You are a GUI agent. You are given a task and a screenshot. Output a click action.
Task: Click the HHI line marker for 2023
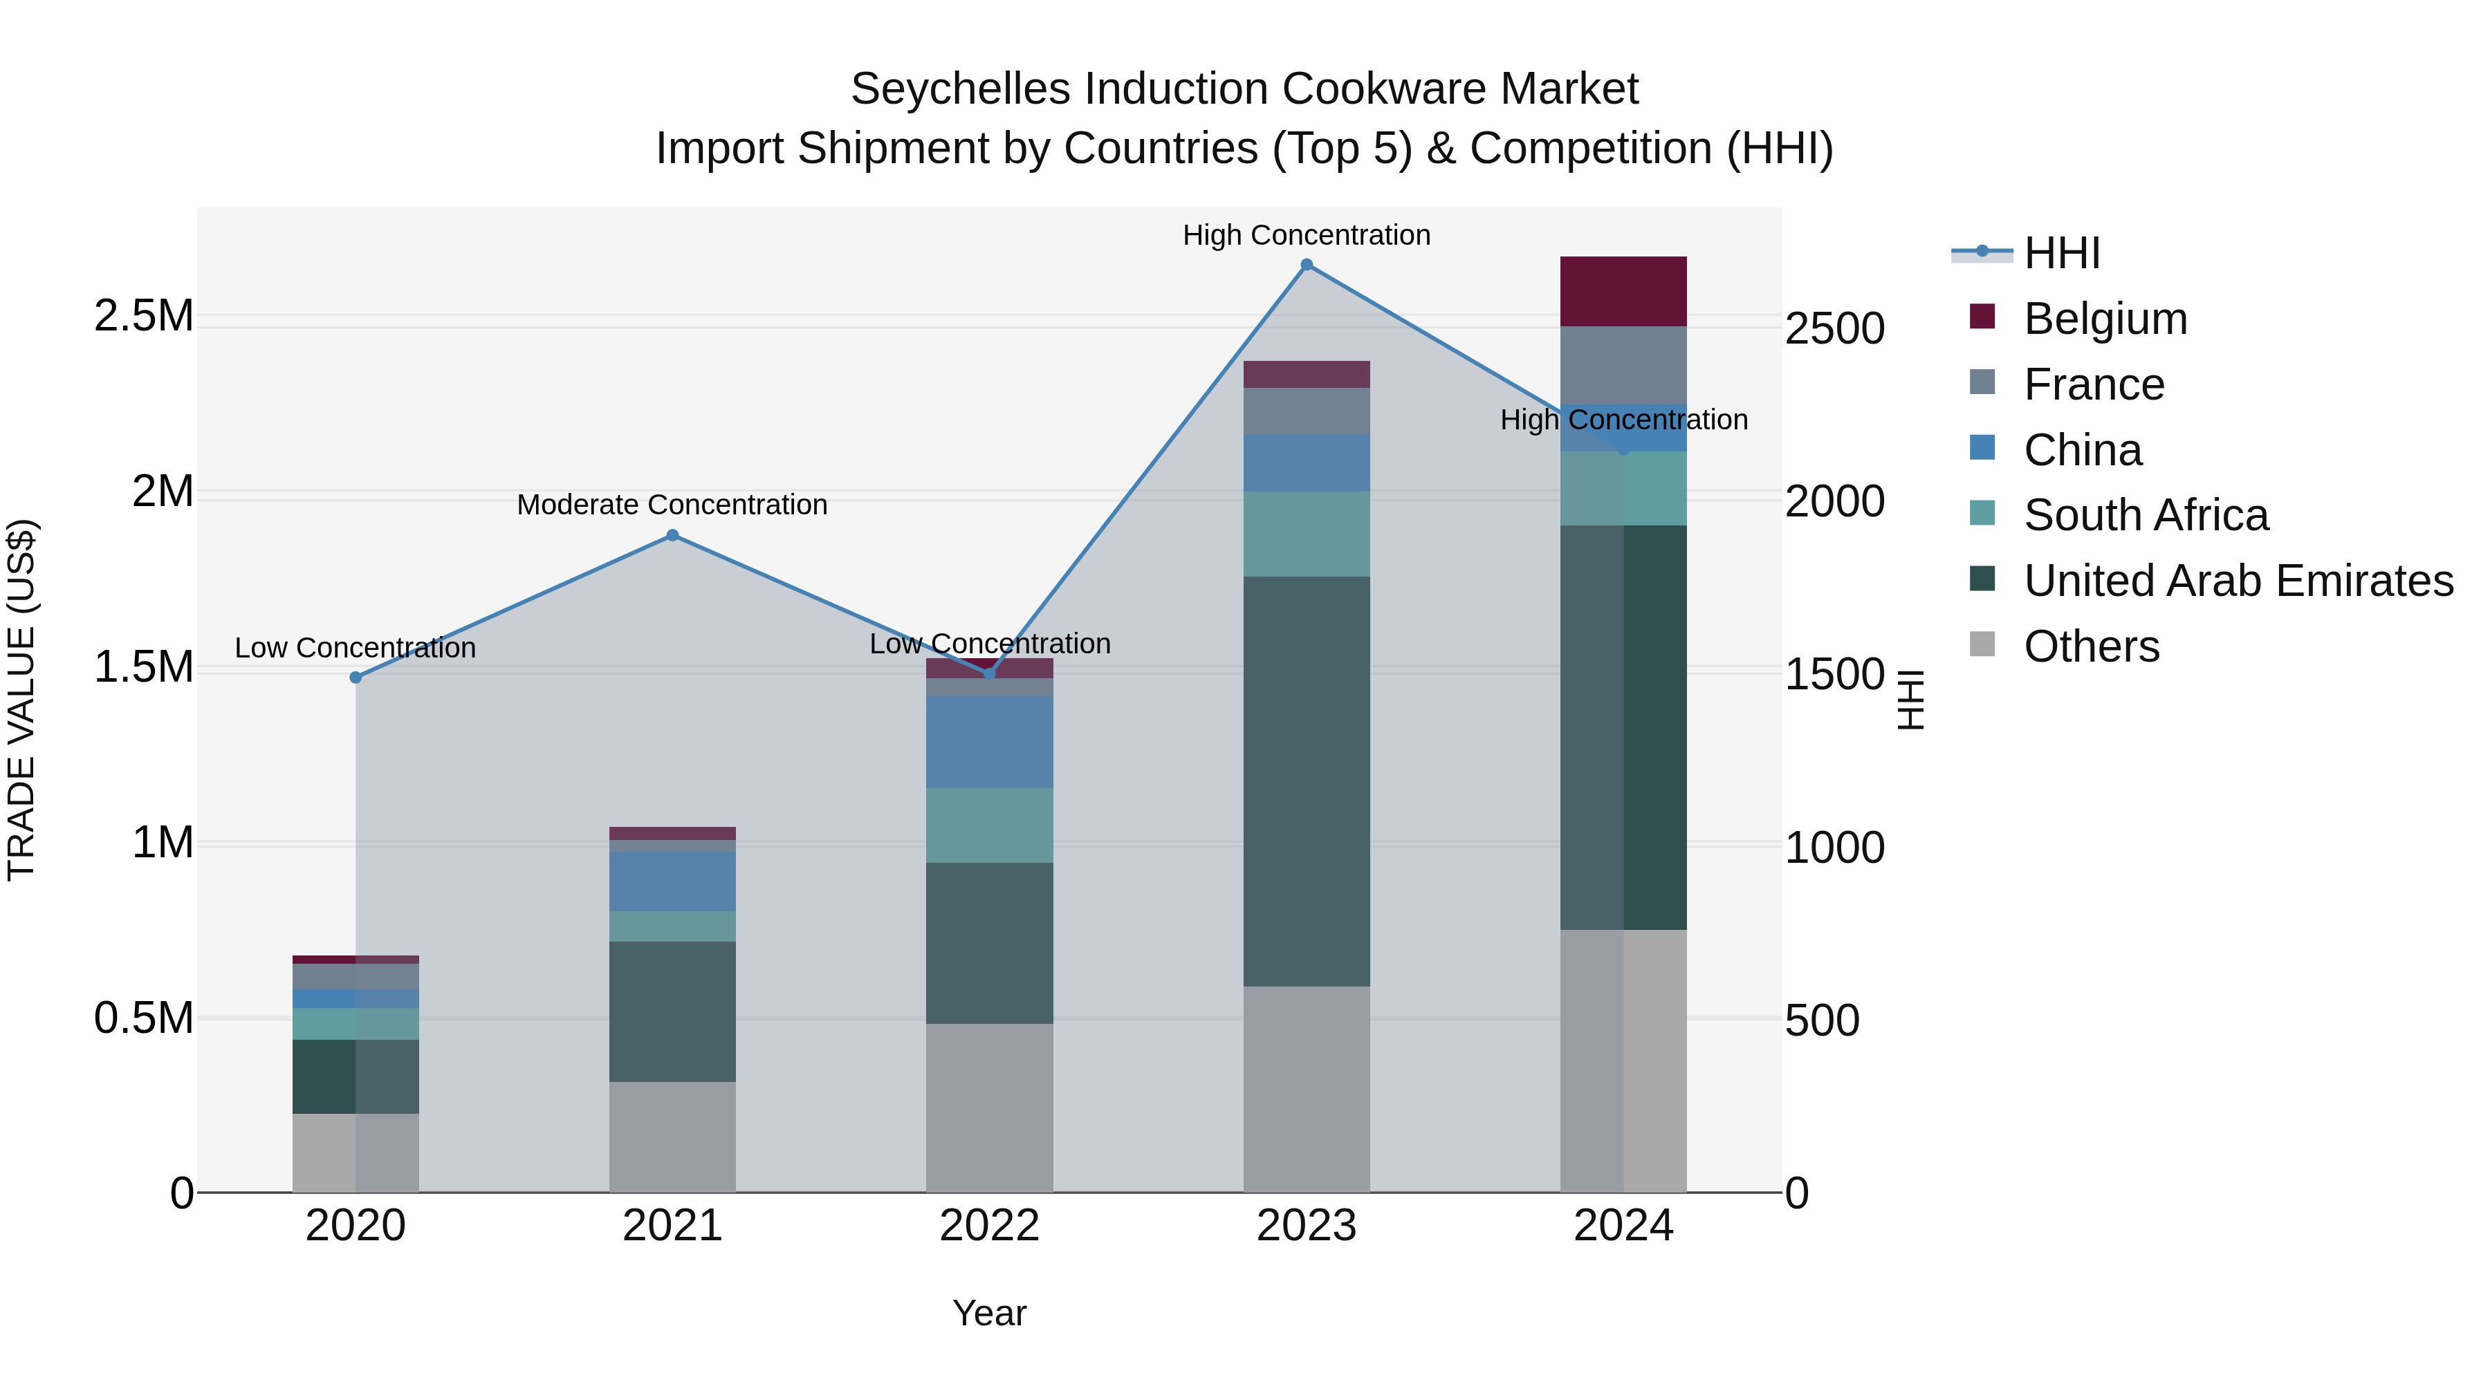(x=1306, y=265)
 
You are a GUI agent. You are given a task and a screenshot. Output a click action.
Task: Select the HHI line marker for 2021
(x=673, y=535)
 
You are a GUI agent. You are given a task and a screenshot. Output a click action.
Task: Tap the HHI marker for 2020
(x=356, y=678)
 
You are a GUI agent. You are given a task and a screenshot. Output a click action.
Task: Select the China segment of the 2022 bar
(x=989, y=742)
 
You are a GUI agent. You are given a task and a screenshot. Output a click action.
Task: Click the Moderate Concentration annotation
(x=673, y=505)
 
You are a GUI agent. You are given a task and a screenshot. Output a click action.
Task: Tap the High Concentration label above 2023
(x=1306, y=235)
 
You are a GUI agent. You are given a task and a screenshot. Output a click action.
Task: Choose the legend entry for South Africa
(x=2145, y=515)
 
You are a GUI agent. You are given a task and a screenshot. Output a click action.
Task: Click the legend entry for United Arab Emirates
(x=2238, y=581)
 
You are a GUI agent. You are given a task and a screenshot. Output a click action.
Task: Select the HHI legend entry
(x=2061, y=253)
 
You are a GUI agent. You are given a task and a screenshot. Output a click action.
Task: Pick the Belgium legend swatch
(x=1982, y=317)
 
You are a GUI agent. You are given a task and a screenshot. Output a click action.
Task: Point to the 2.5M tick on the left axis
(x=143, y=316)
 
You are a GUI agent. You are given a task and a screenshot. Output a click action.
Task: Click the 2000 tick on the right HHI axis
(x=1834, y=501)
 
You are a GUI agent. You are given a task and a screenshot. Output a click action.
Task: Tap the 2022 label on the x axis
(x=989, y=1226)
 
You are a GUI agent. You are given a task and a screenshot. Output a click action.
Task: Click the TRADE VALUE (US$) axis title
(x=21, y=700)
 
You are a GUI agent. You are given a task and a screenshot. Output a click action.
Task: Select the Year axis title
(x=989, y=1313)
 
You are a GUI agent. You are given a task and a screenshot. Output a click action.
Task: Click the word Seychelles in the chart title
(x=960, y=89)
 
